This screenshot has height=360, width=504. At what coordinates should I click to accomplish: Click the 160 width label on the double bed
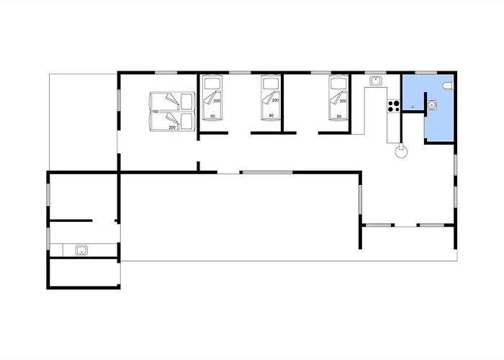tap(156, 112)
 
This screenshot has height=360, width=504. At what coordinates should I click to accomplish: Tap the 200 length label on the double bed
tap(172, 127)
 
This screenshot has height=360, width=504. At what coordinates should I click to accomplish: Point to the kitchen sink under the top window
tap(375, 81)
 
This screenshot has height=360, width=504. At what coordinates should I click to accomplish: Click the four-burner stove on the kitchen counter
tap(393, 106)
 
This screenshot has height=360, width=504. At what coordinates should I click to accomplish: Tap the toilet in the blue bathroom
tap(448, 86)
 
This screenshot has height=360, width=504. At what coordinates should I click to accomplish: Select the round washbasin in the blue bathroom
tap(432, 104)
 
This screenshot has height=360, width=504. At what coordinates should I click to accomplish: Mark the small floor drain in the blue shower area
tap(413, 107)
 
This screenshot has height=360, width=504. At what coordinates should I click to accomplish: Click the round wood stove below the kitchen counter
tap(401, 151)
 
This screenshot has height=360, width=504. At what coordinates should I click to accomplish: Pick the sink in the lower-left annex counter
tap(81, 250)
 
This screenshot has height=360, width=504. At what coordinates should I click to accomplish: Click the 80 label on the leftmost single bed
tap(212, 116)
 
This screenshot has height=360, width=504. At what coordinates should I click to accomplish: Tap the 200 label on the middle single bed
tap(275, 100)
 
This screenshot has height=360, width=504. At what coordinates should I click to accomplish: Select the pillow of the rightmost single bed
tap(338, 84)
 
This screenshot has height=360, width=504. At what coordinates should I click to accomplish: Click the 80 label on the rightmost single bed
tap(339, 117)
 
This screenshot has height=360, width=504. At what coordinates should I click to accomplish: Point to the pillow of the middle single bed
tap(271, 84)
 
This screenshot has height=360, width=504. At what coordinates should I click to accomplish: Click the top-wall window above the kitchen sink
tap(375, 73)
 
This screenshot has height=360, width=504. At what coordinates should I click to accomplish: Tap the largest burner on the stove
tap(396, 103)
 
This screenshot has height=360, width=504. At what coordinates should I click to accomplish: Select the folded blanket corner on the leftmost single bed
tap(209, 98)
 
